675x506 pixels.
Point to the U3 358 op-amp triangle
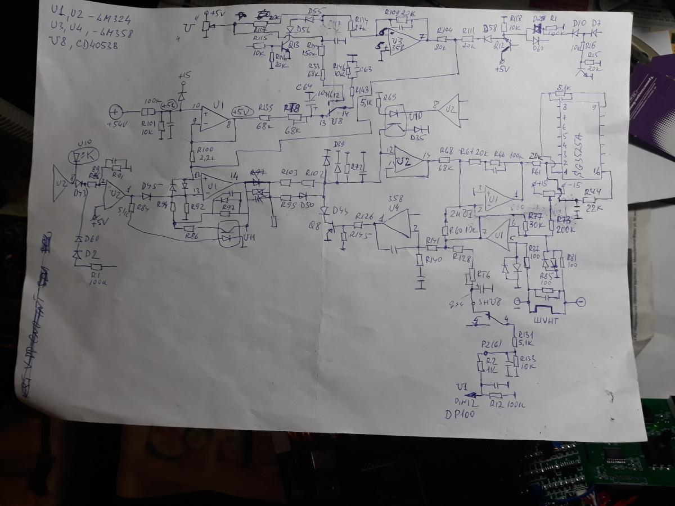403,39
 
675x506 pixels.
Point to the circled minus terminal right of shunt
582,302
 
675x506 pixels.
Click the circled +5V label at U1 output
243,111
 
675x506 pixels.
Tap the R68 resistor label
446,151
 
